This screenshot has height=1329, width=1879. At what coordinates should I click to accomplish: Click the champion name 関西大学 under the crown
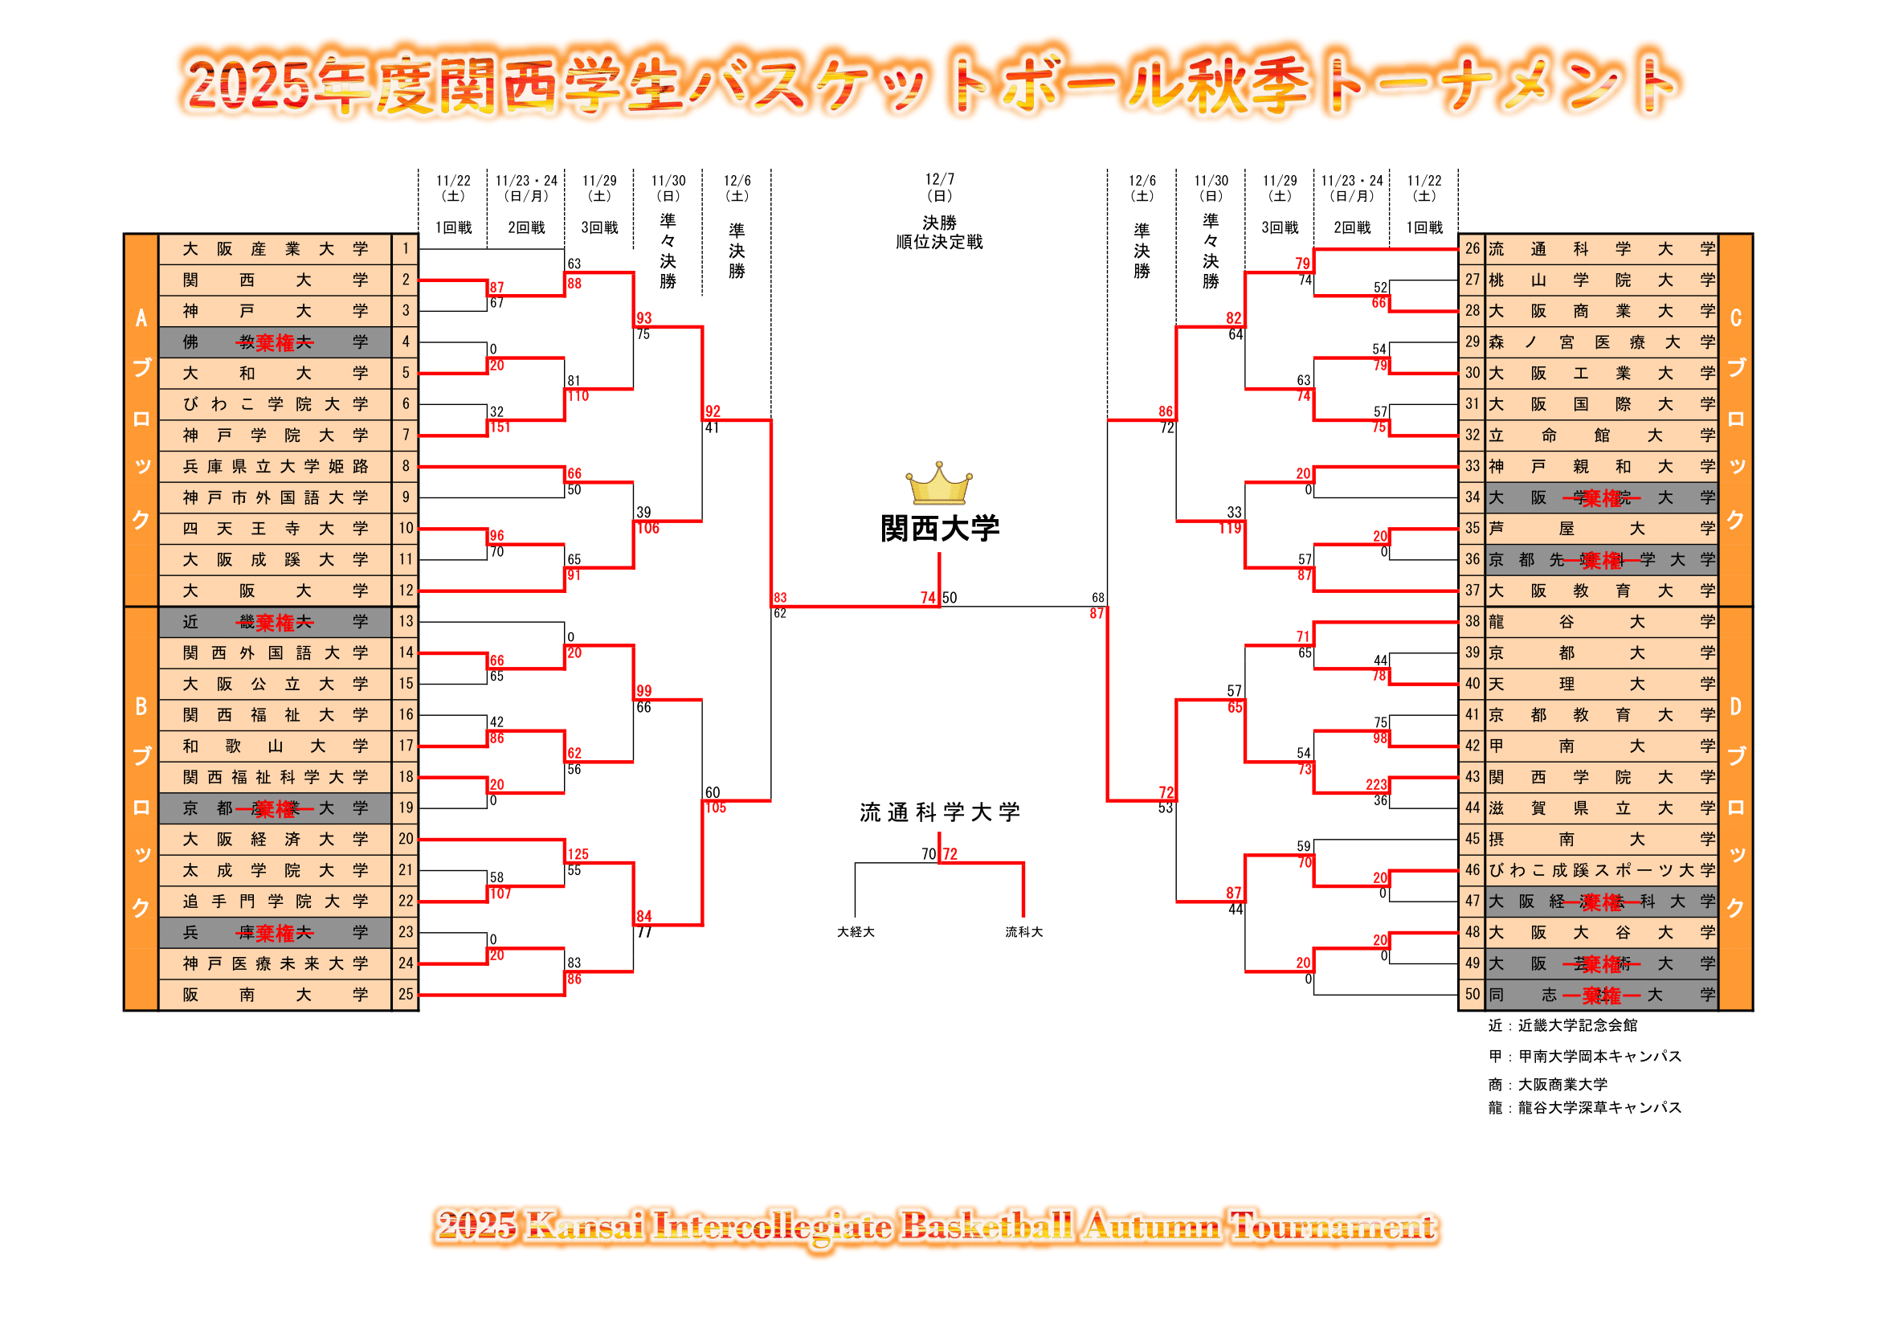[x=940, y=529]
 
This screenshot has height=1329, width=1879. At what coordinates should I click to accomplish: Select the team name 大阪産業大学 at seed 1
[x=275, y=249]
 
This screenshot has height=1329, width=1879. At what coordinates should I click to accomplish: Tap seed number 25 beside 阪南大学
[x=406, y=994]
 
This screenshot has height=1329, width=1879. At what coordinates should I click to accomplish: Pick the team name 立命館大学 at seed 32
[x=1602, y=436]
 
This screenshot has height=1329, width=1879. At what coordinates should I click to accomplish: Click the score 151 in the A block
[x=500, y=427]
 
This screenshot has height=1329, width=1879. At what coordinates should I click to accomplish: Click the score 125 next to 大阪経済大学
[x=578, y=854]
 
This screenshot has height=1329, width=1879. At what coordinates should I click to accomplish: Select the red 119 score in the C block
[x=1230, y=529]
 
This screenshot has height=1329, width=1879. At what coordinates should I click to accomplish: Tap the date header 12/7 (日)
[x=940, y=186]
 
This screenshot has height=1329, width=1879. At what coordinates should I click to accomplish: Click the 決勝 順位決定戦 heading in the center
[x=940, y=232]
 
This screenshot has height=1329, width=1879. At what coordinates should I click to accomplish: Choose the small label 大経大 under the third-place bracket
[x=856, y=932]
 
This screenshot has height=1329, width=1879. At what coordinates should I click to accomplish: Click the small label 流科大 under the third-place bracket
[x=1023, y=932]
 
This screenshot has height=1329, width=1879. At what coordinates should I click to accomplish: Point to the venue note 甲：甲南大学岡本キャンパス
[x=1584, y=1057]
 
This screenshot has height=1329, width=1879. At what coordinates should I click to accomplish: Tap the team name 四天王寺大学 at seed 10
[x=275, y=529]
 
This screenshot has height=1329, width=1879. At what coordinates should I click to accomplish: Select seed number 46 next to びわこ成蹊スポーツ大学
[x=1473, y=870]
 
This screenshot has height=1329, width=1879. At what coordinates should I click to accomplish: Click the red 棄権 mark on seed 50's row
[x=1602, y=996]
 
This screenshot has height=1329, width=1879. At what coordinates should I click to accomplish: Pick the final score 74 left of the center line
[x=927, y=599]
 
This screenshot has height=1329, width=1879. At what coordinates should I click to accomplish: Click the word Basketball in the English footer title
[x=987, y=1227]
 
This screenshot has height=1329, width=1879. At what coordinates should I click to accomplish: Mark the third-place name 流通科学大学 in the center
[x=940, y=812]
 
